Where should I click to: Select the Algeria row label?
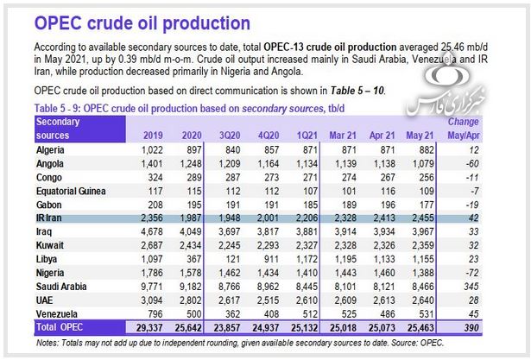pos(54,149)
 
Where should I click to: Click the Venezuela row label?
pos(60,313)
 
